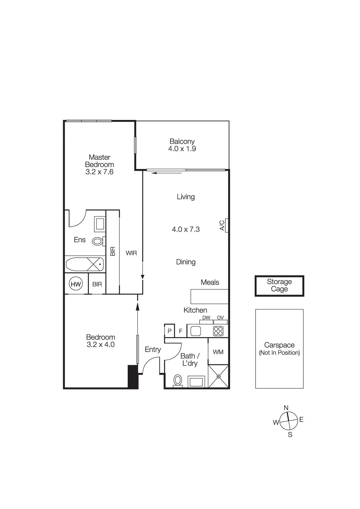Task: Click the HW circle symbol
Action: (x=76, y=284)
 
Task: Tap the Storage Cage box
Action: (x=279, y=286)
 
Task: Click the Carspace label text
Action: (x=279, y=345)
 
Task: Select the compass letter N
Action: (x=286, y=408)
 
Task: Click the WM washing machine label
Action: (x=218, y=352)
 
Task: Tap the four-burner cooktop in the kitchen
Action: (x=218, y=331)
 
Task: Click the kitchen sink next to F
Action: (x=196, y=331)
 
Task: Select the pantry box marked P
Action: (x=169, y=331)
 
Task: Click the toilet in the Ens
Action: (x=97, y=241)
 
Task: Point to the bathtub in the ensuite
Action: (x=84, y=264)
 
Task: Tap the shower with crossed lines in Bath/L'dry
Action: (x=218, y=376)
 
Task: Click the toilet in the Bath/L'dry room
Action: (x=178, y=380)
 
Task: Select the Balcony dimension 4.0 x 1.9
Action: (x=182, y=149)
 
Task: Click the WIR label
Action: (x=131, y=253)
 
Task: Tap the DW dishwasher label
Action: (x=206, y=317)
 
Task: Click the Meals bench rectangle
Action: (x=209, y=296)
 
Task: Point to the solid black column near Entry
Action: (x=133, y=377)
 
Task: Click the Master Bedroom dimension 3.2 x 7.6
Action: (x=99, y=172)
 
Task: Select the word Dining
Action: (x=186, y=262)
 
